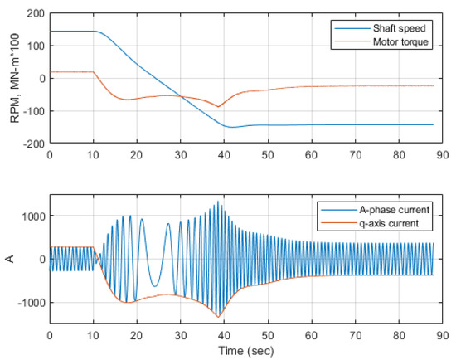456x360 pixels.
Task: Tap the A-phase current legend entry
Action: coord(395,209)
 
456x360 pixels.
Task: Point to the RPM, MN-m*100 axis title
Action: coord(14,79)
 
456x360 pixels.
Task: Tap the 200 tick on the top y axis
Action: coord(35,14)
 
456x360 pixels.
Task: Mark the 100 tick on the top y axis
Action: coord(35,46)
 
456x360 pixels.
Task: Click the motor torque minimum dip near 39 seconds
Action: coord(218,107)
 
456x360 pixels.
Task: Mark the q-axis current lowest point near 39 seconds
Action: coord(218,318)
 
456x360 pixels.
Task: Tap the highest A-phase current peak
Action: coord(218,202)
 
